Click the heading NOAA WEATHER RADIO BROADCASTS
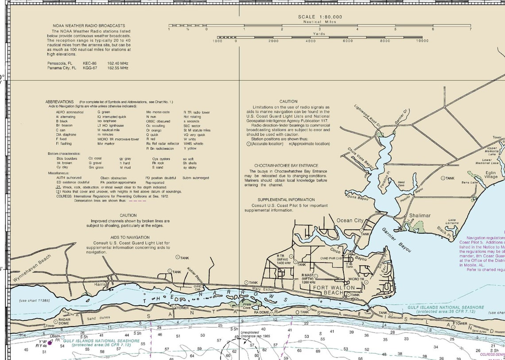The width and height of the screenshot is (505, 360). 89,26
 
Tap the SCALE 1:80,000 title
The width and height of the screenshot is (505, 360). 320,17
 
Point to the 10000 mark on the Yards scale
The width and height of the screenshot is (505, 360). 422,41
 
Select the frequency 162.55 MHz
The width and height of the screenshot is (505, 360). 118,68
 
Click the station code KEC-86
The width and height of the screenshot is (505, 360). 89,63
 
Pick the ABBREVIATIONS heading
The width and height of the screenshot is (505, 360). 59,102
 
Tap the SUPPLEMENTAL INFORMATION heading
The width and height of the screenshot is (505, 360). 286,200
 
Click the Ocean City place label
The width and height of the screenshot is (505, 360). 350,220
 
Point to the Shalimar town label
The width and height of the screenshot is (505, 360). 420,215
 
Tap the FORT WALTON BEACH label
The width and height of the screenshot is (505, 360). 334,290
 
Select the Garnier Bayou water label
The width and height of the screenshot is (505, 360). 396,240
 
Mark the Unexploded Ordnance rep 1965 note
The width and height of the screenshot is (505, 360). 255,334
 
